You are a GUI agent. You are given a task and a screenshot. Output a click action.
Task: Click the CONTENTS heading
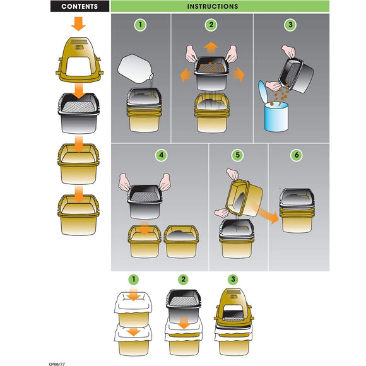[x=80, y=6]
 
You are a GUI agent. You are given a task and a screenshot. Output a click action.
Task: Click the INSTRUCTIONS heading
[x=213, y=6]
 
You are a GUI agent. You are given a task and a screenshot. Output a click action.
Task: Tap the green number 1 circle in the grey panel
[x=140, y=25]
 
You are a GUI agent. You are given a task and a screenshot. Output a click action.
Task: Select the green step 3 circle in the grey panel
[x=290, y=25]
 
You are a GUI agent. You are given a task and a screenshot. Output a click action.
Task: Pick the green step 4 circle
[x=162, y=155]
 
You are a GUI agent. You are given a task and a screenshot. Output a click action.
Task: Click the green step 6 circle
[x=297, y=155]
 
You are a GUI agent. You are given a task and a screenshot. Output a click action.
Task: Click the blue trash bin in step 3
[x=276, y=117]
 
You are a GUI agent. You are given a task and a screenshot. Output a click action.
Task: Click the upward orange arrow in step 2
[x=211, y=49]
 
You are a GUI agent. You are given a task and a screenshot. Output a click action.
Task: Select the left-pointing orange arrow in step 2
[x=187, y=74]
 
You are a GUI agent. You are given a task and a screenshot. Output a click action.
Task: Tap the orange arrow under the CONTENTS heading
[x=78, y=24]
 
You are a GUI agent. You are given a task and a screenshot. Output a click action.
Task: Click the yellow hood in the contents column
[x=80, y=60]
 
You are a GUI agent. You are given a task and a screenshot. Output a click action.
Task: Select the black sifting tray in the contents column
[x=79, y=113]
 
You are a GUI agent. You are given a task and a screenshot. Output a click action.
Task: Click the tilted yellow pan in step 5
[x=244, y=199]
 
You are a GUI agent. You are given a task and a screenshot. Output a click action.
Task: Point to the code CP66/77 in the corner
[x=57, y=364]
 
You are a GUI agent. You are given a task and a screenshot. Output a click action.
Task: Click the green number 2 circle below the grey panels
[x=183, y=280]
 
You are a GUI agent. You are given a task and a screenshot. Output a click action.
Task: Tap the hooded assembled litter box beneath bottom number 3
[x=234, y=322]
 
